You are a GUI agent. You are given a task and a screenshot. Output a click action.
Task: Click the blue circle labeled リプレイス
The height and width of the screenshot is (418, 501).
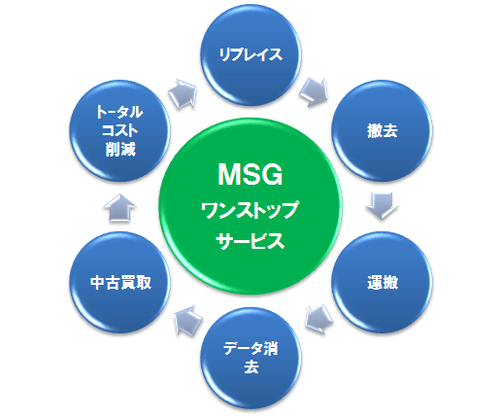click(x=250, y=55)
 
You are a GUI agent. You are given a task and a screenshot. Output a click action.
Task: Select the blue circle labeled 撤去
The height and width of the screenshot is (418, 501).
click(x=382, y=131)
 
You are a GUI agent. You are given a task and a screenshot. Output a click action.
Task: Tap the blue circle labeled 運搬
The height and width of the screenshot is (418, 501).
click(x=382, y=282)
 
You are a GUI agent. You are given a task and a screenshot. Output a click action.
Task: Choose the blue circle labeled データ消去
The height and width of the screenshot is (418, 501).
click(x=250, y=358)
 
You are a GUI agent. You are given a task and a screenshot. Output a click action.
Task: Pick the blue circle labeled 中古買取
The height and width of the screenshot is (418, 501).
click(x=120, y=282)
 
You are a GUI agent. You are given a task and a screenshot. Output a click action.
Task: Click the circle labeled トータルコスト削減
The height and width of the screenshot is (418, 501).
click(x=120, y=131)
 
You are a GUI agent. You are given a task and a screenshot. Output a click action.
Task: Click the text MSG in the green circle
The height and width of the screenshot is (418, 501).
click(x=250, y=174)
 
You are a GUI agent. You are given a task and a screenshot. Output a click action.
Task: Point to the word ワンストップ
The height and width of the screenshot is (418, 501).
click(x=250, y=210)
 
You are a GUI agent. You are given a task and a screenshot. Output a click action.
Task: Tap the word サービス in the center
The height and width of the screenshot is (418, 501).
click(x=250, y=241)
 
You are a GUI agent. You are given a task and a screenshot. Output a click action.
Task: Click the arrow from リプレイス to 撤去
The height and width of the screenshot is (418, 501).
click(x=314, y=91)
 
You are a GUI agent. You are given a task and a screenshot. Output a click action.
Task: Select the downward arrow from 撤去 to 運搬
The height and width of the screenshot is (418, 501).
click(x=382, y=206)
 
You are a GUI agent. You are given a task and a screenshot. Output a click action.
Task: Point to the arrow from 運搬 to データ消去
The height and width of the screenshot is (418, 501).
click(x=318, y=319)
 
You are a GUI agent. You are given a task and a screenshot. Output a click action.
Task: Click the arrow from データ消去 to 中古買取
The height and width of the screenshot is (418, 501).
click(x=188, y=320)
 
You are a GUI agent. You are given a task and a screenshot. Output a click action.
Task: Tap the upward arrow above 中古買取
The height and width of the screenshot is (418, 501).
click(x=120, y=208)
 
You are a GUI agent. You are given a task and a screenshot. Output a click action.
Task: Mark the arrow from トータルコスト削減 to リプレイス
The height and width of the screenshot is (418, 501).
click(x=184, y=93)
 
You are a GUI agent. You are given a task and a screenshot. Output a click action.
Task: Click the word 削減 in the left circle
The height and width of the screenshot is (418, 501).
click(x=120, y=150)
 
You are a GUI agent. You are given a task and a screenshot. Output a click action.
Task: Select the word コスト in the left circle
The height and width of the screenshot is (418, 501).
click(x=120, y=131)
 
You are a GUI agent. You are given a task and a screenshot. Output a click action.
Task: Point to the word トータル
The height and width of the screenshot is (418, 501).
click(x=119, y=112)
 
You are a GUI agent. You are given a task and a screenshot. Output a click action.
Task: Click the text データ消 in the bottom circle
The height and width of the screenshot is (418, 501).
click(x=250, y=349)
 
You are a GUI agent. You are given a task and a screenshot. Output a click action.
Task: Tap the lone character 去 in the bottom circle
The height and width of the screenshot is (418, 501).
click(x=251, y=367)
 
